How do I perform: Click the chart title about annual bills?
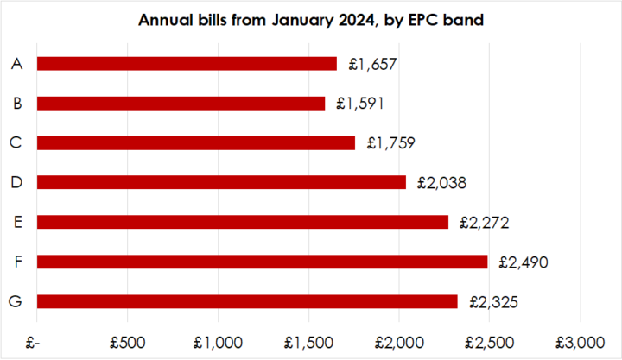(311, 20)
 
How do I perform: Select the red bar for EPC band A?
(187, 63)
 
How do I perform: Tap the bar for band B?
(181, 103)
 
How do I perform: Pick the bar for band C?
(196, 142)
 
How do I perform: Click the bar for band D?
(221, 182)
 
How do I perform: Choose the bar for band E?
(243, 222)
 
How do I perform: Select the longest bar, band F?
(262, 262)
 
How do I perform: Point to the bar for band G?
(247, 301)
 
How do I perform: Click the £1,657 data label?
(372, 63)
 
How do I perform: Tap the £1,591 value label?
(360, 103)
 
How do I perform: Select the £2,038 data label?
(441, 182)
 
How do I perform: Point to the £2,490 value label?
(523, 262)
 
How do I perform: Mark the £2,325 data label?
(493, 301)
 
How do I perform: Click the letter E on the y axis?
(17, 222)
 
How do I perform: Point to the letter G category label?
(17, 301)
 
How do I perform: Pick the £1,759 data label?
(390, 142)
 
